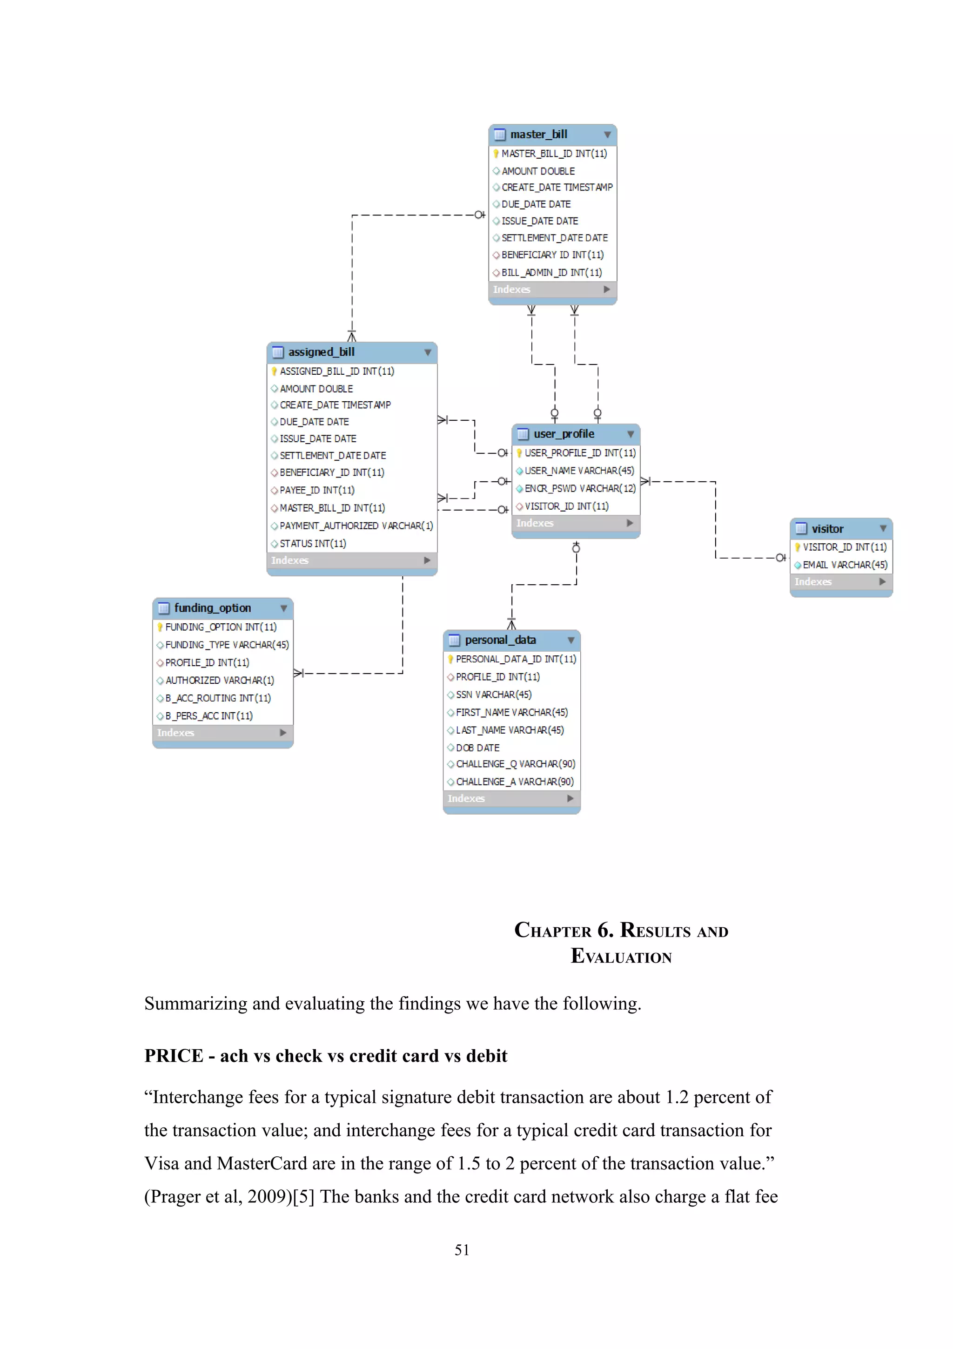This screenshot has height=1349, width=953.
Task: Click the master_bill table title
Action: click(538, 135)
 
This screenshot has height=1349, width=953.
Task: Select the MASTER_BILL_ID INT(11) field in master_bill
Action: click(554, 153)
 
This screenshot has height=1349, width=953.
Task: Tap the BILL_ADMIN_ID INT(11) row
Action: click(551, 273)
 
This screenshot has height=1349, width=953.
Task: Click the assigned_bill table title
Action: click(321, 352)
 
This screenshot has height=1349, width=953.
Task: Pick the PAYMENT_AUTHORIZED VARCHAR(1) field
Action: click(356, 526)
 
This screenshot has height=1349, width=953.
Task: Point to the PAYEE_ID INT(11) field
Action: click(317, 490)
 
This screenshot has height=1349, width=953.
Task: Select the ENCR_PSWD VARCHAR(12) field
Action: click(579, 488)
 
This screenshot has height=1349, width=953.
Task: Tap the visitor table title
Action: click(827, 529)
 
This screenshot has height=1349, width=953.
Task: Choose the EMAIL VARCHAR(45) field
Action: click(845, 565)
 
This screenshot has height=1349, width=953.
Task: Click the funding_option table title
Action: click(213, 608)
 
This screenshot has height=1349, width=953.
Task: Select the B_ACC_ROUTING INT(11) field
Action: click(218, 698)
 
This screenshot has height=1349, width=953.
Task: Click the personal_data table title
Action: click(500, 640)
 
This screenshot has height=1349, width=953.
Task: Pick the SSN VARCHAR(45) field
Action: click(493, 695)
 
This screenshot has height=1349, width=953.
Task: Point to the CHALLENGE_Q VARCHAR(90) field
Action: click(515, 764)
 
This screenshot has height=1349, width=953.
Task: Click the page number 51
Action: click(462, 1250)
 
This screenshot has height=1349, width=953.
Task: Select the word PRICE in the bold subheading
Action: click(174, 1056)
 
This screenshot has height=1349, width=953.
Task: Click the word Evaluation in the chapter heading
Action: click(621, 956)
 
